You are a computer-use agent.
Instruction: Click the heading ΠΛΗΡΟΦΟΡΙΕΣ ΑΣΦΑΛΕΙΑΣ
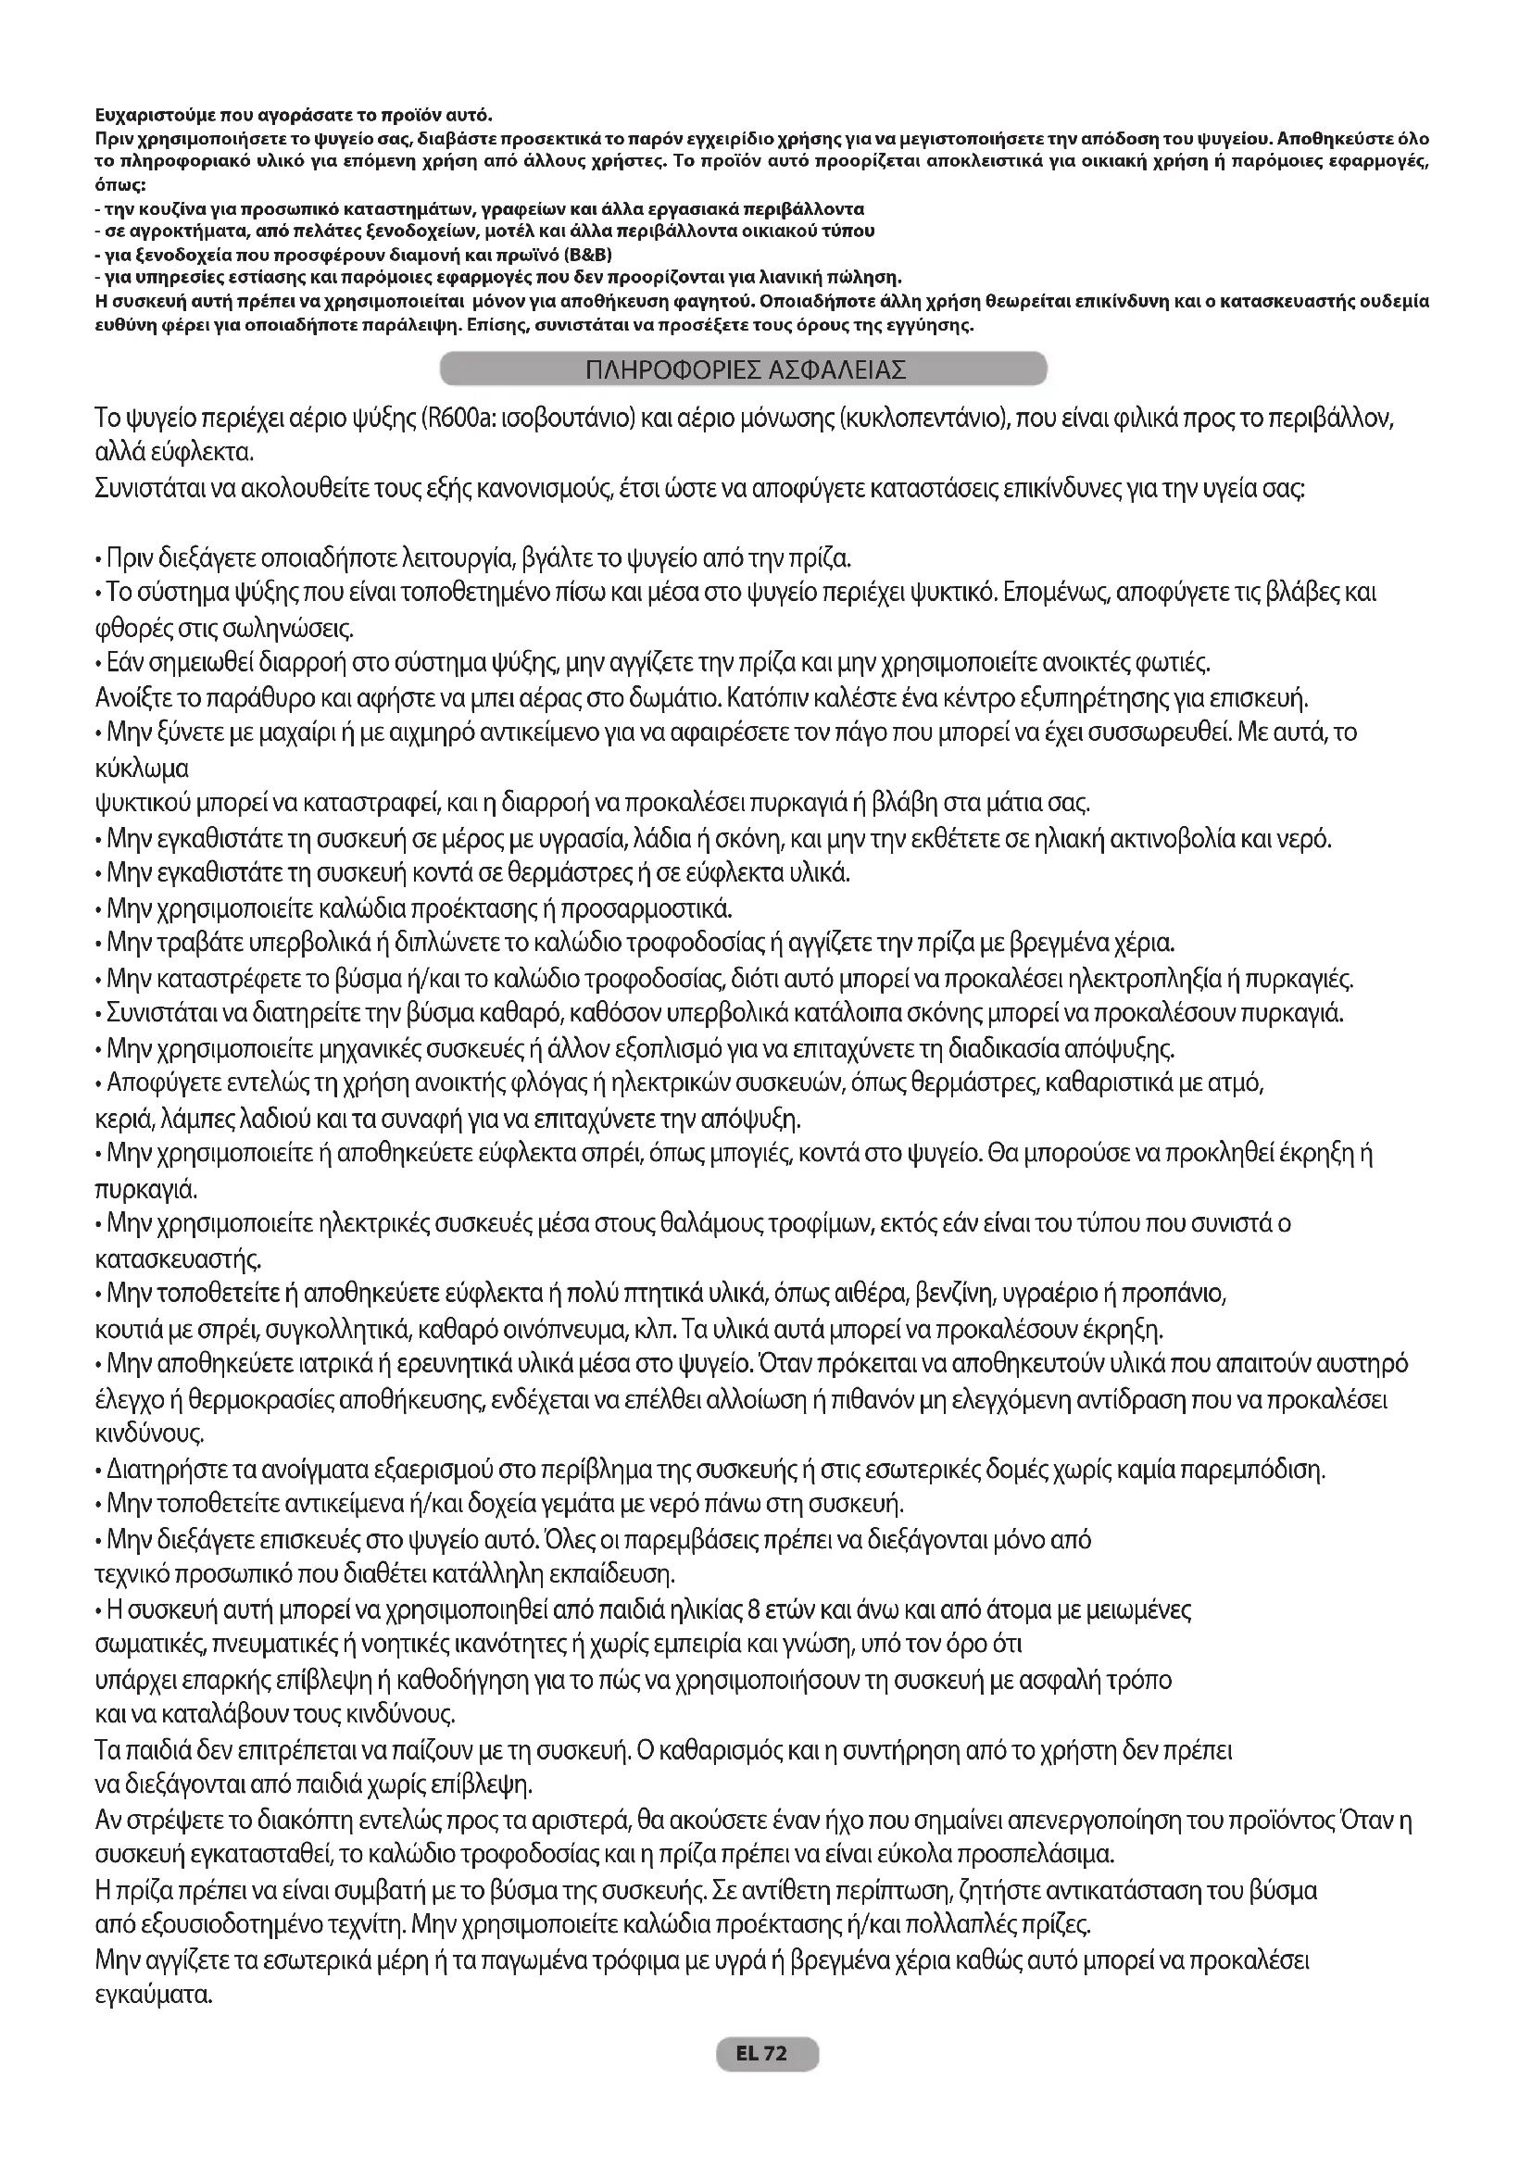[x=745, y=369]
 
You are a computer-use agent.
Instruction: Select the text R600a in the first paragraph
[x=458, y=418]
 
